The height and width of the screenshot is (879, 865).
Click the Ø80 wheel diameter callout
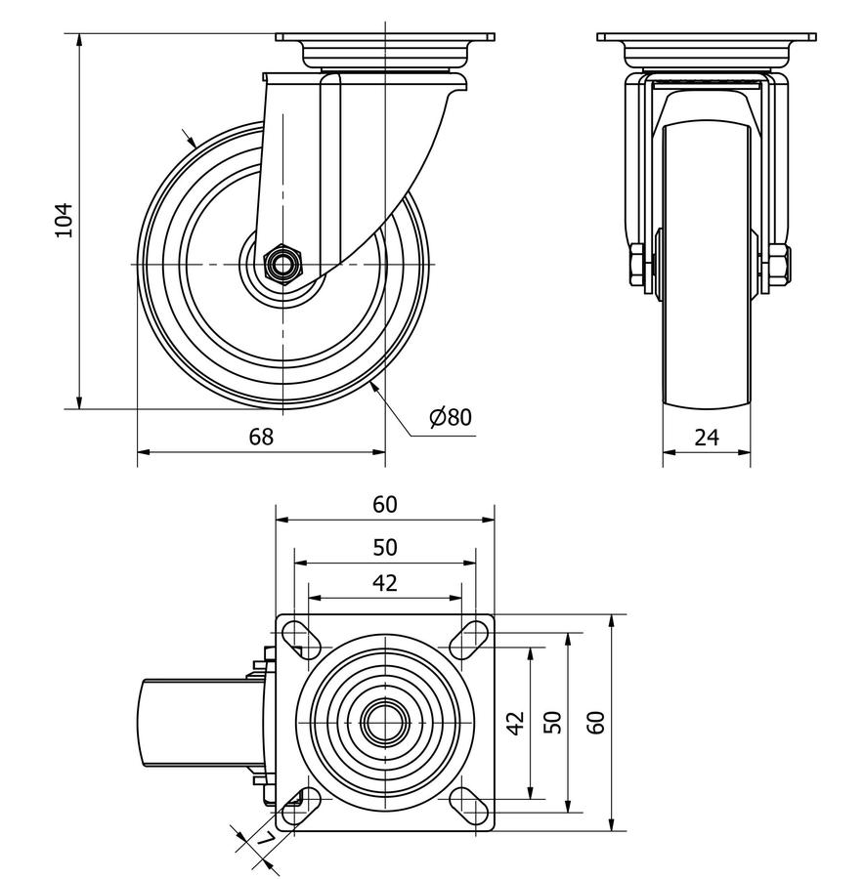(x=450, y=417)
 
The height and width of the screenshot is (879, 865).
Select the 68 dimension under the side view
(x=261, y=437)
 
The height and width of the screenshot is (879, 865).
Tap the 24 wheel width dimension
(x=707, y=437)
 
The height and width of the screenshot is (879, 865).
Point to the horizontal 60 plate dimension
(x=385, y=504)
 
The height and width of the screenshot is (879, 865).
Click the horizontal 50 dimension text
(x=385, y=547)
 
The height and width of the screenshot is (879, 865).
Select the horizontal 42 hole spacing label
(x=385, y=583)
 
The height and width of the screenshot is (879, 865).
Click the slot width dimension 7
(x=261, y=839)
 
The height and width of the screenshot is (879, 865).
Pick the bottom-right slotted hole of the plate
(x=470, y=804)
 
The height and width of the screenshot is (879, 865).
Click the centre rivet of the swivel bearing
(x=385, y=722)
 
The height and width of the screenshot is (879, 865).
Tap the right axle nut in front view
(x=780, y=266)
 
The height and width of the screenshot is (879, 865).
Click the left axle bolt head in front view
(x=637, y=266)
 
